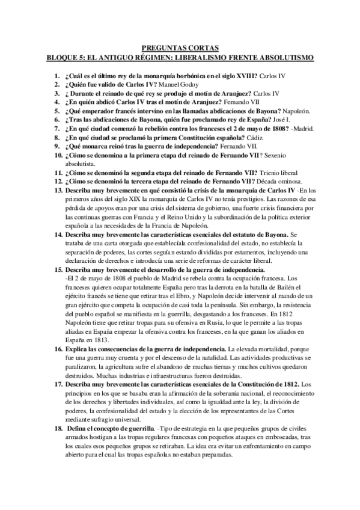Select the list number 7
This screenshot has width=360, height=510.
tap(59, 120)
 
